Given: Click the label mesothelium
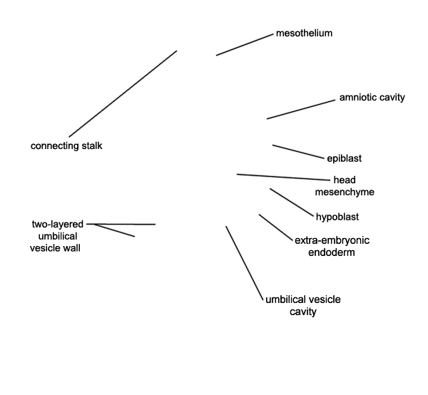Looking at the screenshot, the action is click(x=304, y=34).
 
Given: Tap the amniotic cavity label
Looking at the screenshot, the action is click(x=372, y=98).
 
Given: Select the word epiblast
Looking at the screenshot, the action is click(x=345, y=158).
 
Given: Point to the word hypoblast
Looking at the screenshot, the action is click(x=337, y=217).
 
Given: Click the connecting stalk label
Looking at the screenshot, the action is click(x=66, y=145).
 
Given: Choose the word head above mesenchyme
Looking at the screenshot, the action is click(x=345, y=180).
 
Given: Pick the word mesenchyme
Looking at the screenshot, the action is click(x=345, y=192).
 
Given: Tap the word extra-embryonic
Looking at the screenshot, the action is click(x=332, y=240).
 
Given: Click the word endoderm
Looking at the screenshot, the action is click(x=332, y=252).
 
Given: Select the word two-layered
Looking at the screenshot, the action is click(x=58, y=224).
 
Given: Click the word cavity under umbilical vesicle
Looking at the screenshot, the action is click(x=303, y=312).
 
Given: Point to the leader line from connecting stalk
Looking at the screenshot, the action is click(x=123, y=93).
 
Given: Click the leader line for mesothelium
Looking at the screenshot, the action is click(x=245, y=45).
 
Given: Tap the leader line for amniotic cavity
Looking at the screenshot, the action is click(x=301, y=109).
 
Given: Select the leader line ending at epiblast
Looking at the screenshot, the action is click(x=298, y=152).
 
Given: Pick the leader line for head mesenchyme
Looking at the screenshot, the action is click(x=283, y=178).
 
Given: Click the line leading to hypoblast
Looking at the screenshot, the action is click(x=292, y=202).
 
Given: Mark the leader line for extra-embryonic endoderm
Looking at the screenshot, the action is click(x=275, y=227).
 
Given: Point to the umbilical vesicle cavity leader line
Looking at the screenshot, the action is click(x=245, y=263).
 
